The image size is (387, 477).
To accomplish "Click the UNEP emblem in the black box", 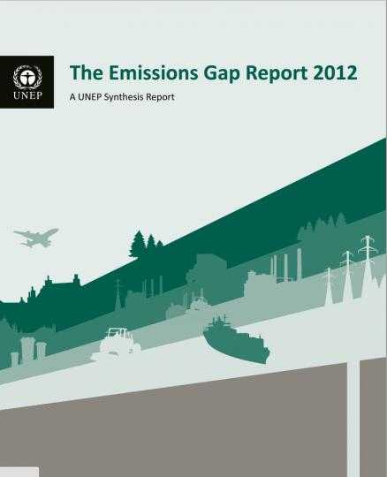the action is pyautogui.click(x=27, y=77).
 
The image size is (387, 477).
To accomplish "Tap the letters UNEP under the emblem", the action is pyautogui.click(x=27, y=96).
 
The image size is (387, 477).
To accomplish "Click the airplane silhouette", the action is pyautogui.click(x=36, y=237).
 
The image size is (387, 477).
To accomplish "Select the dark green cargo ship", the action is pyautogui.click(x=236, y=340).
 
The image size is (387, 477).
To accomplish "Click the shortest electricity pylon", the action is pyautogui.click(x=329, y=285).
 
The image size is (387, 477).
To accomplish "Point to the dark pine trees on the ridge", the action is pyautogui.click(x=146, y=244).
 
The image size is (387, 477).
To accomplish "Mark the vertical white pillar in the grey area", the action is pyautogui.click(x=353, y=419).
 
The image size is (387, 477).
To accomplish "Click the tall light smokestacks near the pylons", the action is pyautogui.click(x=287, y=265).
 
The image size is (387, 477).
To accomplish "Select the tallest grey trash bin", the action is pyautogui.click(x=27, y=350).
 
